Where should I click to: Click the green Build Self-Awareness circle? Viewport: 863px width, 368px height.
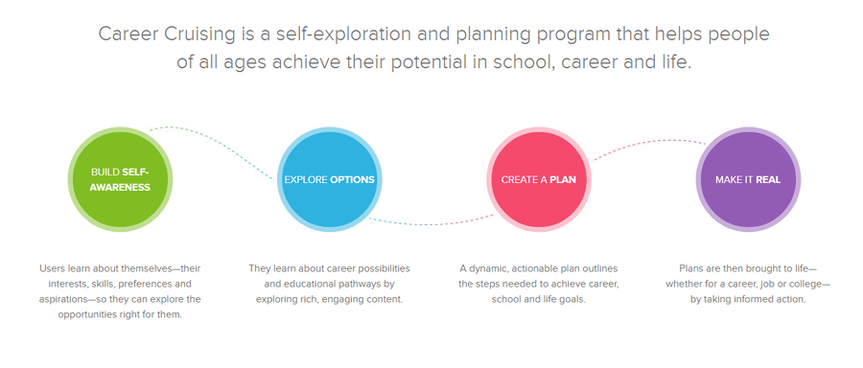[x=120, y=179]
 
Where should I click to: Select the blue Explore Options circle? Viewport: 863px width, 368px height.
[x=329, y=179]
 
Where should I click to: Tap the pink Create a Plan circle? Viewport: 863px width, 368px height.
[x=539, y=179]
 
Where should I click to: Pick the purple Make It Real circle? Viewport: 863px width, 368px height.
[x=748, y=179]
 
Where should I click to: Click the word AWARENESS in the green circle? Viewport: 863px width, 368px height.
[x=120, y=187]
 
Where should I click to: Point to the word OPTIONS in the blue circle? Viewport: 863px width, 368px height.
[x=352, y=179]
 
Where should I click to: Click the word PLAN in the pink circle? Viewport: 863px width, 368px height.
[x=563, y=179]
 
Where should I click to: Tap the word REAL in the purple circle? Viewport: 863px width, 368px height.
[x=768, y=179]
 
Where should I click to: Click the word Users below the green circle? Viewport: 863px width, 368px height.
[x=51, y=269]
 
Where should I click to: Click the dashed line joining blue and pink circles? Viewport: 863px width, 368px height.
[x=431, y=221]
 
